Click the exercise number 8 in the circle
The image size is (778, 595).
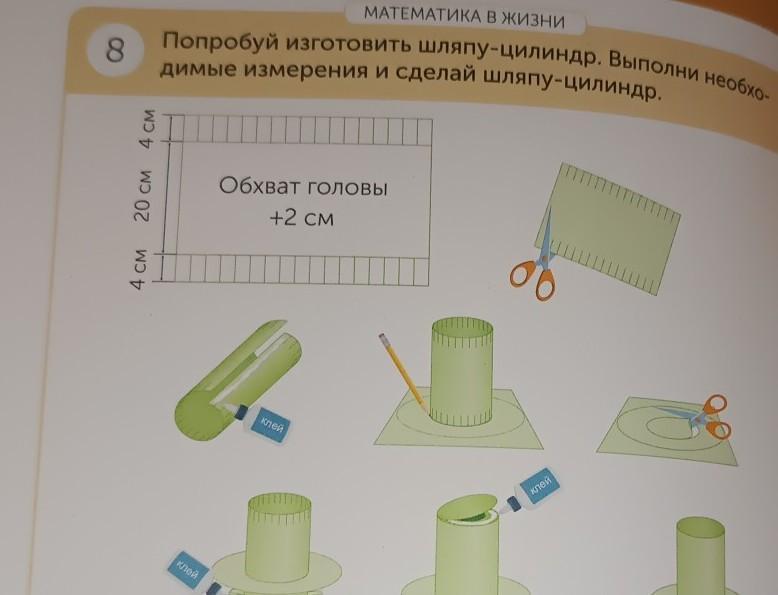point(115,50)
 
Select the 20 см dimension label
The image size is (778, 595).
point(145,196)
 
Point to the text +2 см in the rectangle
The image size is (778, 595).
point(302,217)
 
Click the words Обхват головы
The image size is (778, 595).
point(303,187)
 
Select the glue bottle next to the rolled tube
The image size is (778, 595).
point(260,421)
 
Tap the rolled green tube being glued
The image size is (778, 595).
point(238,381)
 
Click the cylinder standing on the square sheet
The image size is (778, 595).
point(462,373)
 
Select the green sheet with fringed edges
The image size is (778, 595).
point(608,229)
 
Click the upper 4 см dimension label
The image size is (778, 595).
point(146,128)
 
